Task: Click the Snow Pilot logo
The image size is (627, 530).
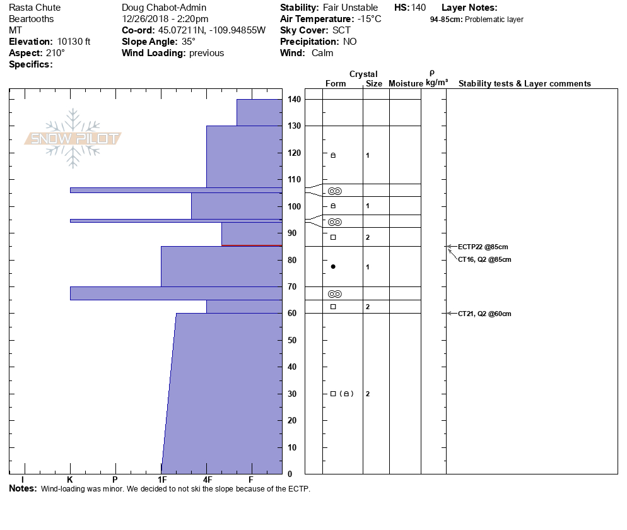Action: [x=73, y=139]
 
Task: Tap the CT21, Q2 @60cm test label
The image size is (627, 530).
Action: [x=484, y=314]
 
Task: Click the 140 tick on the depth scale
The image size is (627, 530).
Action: [x=294, y=100]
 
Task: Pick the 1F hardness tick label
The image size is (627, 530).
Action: [x=161, y=480]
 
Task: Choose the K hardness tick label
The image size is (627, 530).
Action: [x=70, y=480]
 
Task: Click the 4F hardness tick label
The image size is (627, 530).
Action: [x=207, y=480]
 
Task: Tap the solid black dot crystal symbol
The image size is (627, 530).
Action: [x=333, y=267]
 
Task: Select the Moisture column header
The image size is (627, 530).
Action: [x=406, y=84]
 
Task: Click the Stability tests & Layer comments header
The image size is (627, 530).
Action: [x=525, y=84]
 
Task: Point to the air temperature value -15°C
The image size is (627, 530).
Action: [x=368, y=19]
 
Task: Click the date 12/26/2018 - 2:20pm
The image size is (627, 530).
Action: [x=165, y=19]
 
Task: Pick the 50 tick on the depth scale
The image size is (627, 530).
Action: [x=294, y=340]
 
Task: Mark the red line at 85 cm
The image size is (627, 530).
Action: [x=252, y=245]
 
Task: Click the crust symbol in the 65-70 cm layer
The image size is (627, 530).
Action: [x=335, y=294]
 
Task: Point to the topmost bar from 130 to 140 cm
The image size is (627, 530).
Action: [x=259, y=112]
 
